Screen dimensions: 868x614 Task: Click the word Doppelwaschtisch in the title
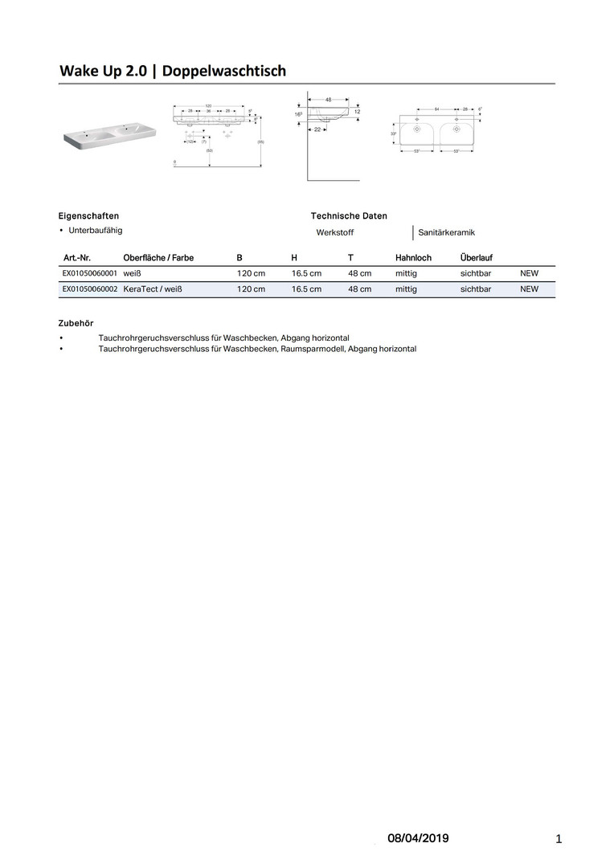pyautogui.click(x=224, y=72)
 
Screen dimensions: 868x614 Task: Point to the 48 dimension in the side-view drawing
pyautogui.click(x=329, y=100)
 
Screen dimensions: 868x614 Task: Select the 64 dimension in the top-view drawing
pyautogui.click(x=436, y=108)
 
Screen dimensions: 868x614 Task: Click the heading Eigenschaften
pyautogui.click(x=89, y=216)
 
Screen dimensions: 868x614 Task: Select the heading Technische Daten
pyautogui.click(x=349, y=216)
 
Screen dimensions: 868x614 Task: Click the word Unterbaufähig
pyautogui.click(x=96, y=231)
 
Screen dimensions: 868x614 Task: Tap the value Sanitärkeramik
pyautogui.click(x=447, y=233)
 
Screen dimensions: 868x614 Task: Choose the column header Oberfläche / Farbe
pyautogui.click(x=158, y=258)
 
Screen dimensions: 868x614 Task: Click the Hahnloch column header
pyautogui.click(x=413, y=258)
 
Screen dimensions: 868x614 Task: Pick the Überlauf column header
pyautogui.click(x=477, y=258)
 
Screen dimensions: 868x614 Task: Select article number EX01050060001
pyautogui.click(x=90, y=273)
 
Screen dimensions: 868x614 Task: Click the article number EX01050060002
pyautogui.click(x=90, y=289)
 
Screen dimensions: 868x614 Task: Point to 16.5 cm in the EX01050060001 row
pyautogui.click(x=306, y=273)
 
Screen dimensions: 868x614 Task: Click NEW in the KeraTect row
pyautogui.click(x=530, y=289)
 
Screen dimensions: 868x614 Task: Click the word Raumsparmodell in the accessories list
pyautogui.click(x=314, y=350)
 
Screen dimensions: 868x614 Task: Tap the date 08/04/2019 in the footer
pyautogui.click(x=418, y=839)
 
